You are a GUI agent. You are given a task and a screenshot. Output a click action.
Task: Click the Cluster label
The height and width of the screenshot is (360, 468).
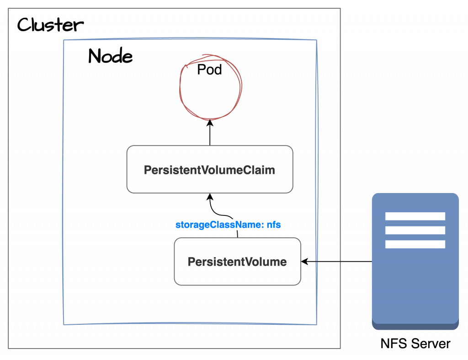(x=49, y=25)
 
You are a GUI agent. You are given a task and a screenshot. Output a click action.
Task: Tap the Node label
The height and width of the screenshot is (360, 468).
(x=110, y=56)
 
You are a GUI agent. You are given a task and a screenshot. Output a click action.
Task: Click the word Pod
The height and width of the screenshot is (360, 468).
(x=210, y=70)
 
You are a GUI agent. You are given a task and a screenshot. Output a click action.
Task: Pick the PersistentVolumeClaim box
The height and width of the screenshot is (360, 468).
(x=210, y=170)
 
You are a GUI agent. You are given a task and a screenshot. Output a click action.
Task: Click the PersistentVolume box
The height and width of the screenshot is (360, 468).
(x=237, y=262)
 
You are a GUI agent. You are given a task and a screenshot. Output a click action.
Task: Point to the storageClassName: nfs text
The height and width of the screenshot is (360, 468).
(x=228, y=225)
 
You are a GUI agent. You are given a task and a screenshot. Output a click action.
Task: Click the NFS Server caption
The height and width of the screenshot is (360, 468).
(x=415, y=344)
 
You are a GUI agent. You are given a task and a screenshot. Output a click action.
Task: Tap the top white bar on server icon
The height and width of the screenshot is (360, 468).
(x=415, y=216)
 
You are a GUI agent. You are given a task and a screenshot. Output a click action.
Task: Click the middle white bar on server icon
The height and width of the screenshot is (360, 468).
(x=415, y=230)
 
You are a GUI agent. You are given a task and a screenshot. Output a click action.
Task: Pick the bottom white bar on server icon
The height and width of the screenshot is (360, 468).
(x=415, y=244)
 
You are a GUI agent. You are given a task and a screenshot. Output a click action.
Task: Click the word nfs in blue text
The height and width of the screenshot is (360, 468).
(x=273, y=225)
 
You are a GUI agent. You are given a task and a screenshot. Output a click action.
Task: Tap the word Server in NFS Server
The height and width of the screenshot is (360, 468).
(x=431, y=344)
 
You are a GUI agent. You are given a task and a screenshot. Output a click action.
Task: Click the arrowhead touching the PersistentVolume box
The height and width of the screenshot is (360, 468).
(x=305, y=262)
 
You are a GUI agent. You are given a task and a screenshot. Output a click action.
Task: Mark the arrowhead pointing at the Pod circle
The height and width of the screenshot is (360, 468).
(x=210, y=123)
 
